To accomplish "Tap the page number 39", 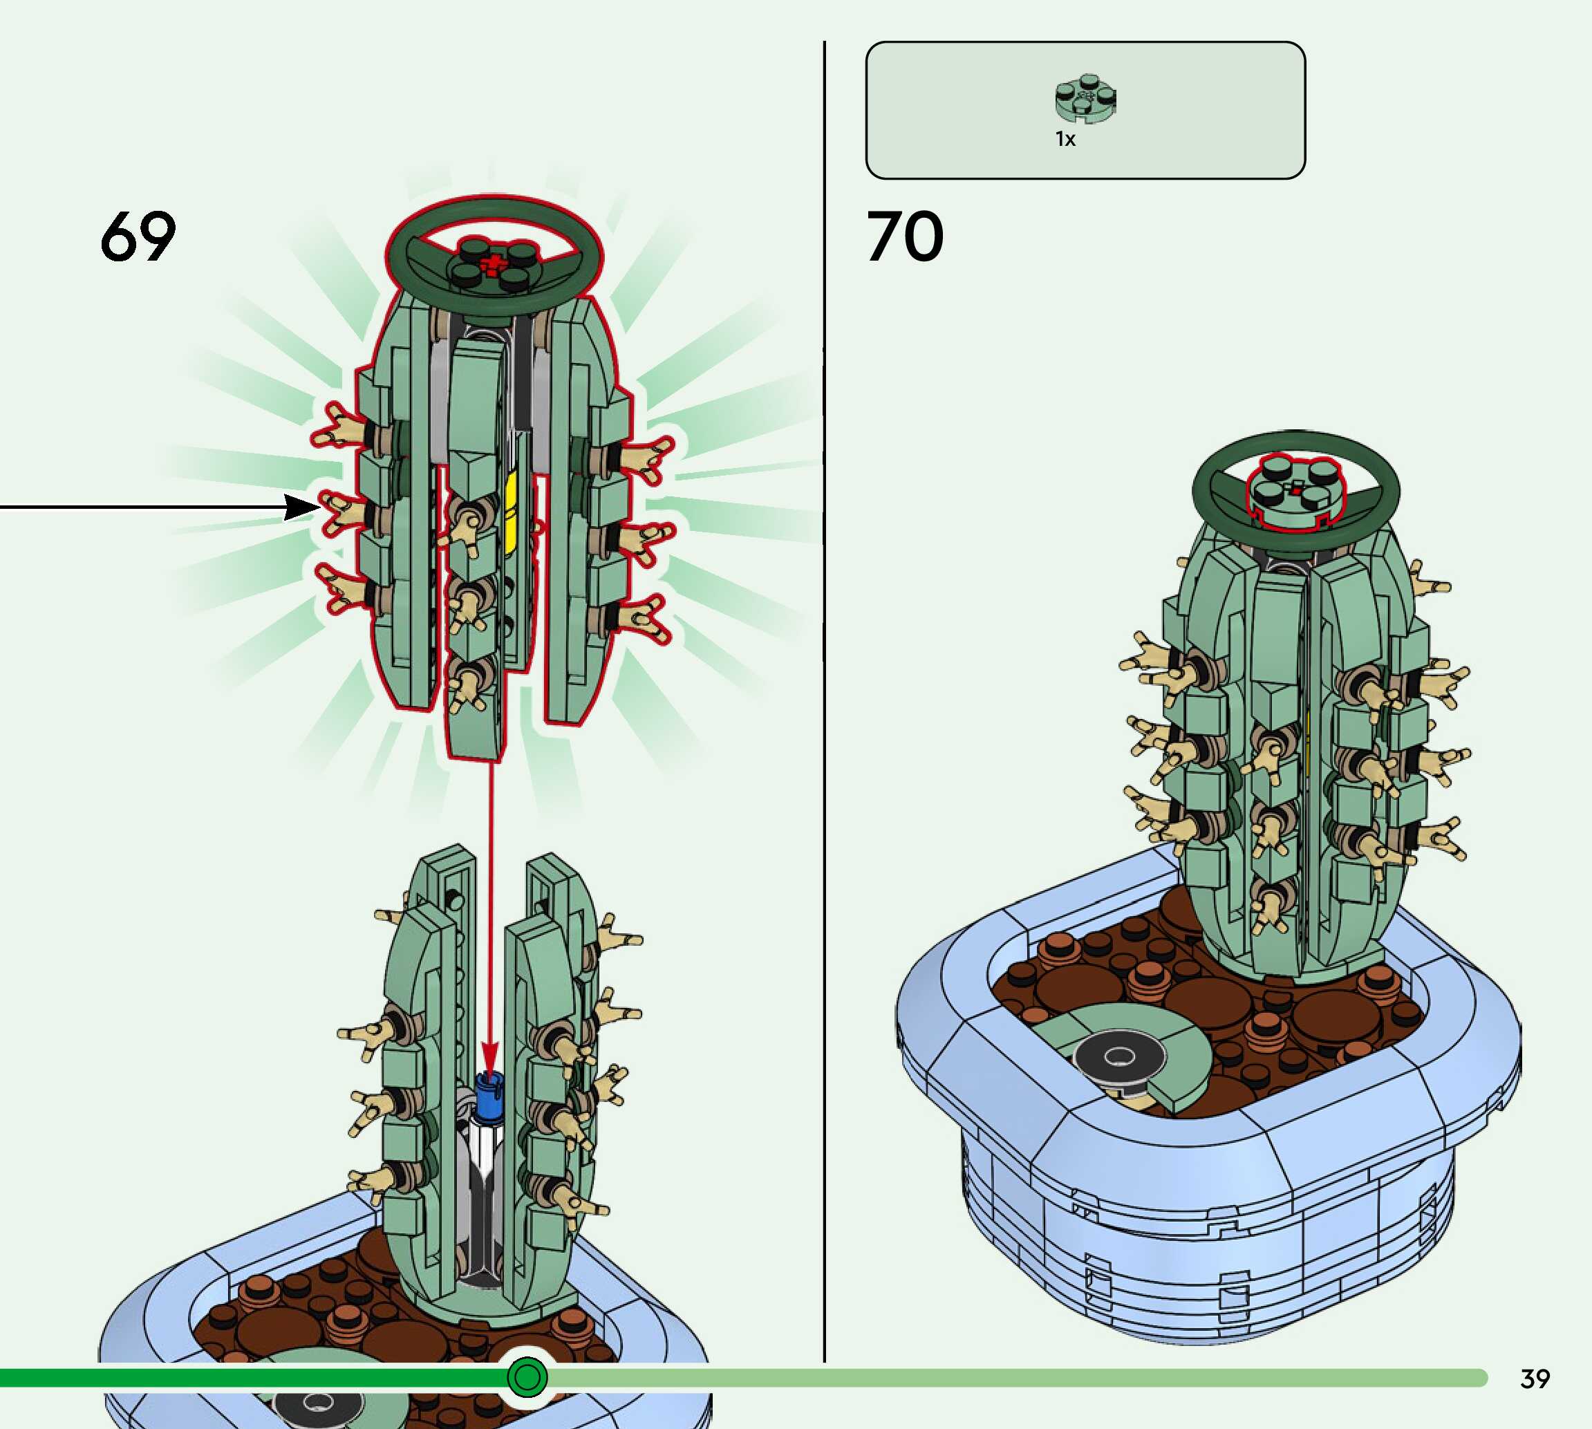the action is point(1535,1379).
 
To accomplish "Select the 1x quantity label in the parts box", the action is point(1065,139).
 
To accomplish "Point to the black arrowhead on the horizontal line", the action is point(302,507).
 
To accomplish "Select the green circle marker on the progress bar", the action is point(527,1376).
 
